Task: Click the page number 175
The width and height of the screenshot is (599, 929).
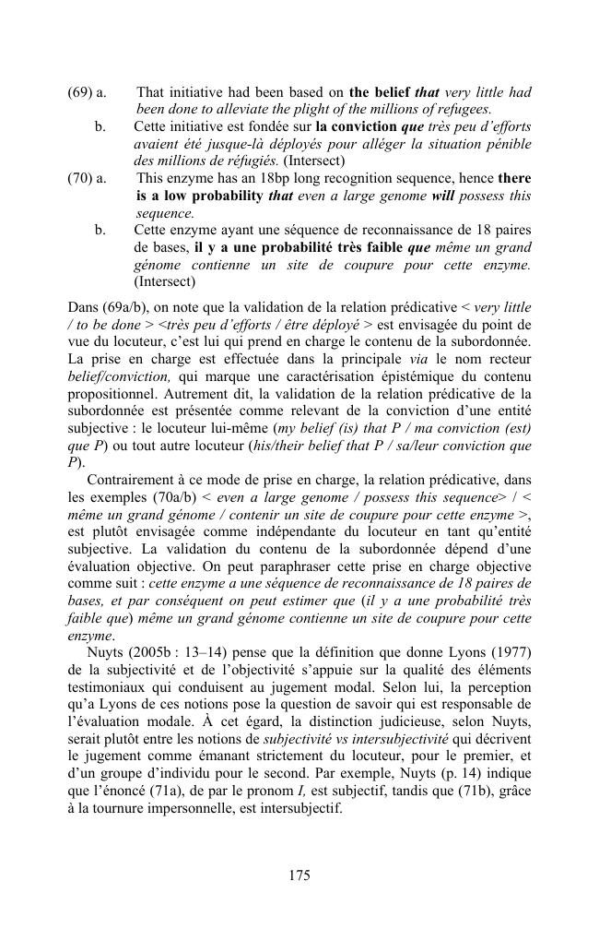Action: [x=299, y=875]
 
